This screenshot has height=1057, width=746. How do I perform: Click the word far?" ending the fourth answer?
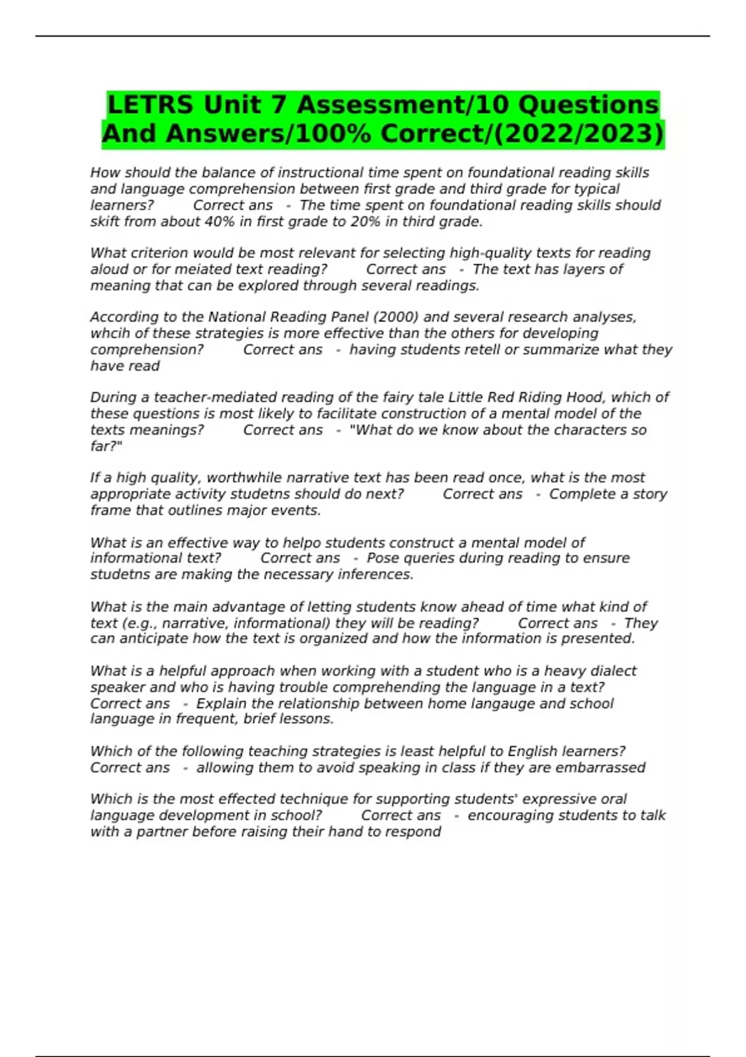coord(106,446)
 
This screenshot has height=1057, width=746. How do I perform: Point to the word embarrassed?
coord(601,767)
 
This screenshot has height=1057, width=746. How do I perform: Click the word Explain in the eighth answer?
coord(222,703)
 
